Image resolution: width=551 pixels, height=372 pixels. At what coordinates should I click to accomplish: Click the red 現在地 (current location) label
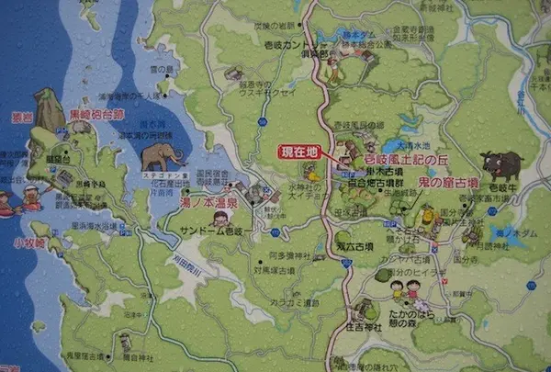pyautogui.click(x=299, y=151)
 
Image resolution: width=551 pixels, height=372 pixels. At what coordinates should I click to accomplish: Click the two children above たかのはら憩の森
pyautogui.click(x=405, y=290)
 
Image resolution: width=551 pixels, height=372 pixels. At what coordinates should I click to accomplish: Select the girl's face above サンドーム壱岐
pyautogui.click(x=219, y=219)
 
